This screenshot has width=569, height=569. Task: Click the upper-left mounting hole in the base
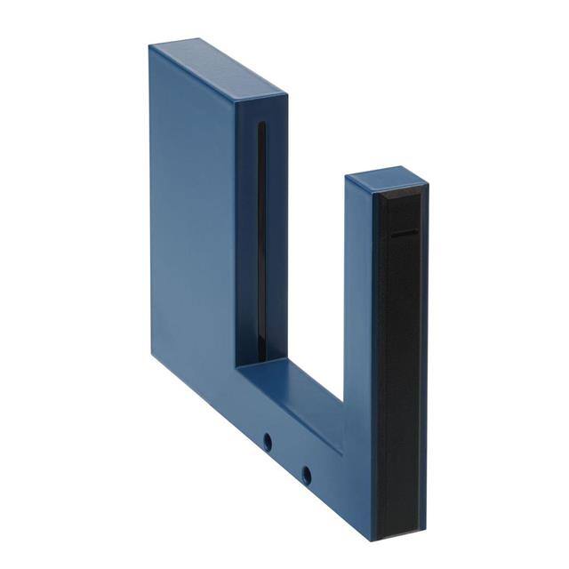266,440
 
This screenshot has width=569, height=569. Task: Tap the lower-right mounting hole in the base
306,475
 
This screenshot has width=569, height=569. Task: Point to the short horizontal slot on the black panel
405,233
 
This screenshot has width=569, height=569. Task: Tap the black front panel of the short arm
400,356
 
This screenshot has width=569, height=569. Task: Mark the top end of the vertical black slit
260,124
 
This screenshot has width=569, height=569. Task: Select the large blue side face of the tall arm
191,222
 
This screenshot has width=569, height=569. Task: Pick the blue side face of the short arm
358,311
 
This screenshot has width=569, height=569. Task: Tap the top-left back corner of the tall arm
149,46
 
